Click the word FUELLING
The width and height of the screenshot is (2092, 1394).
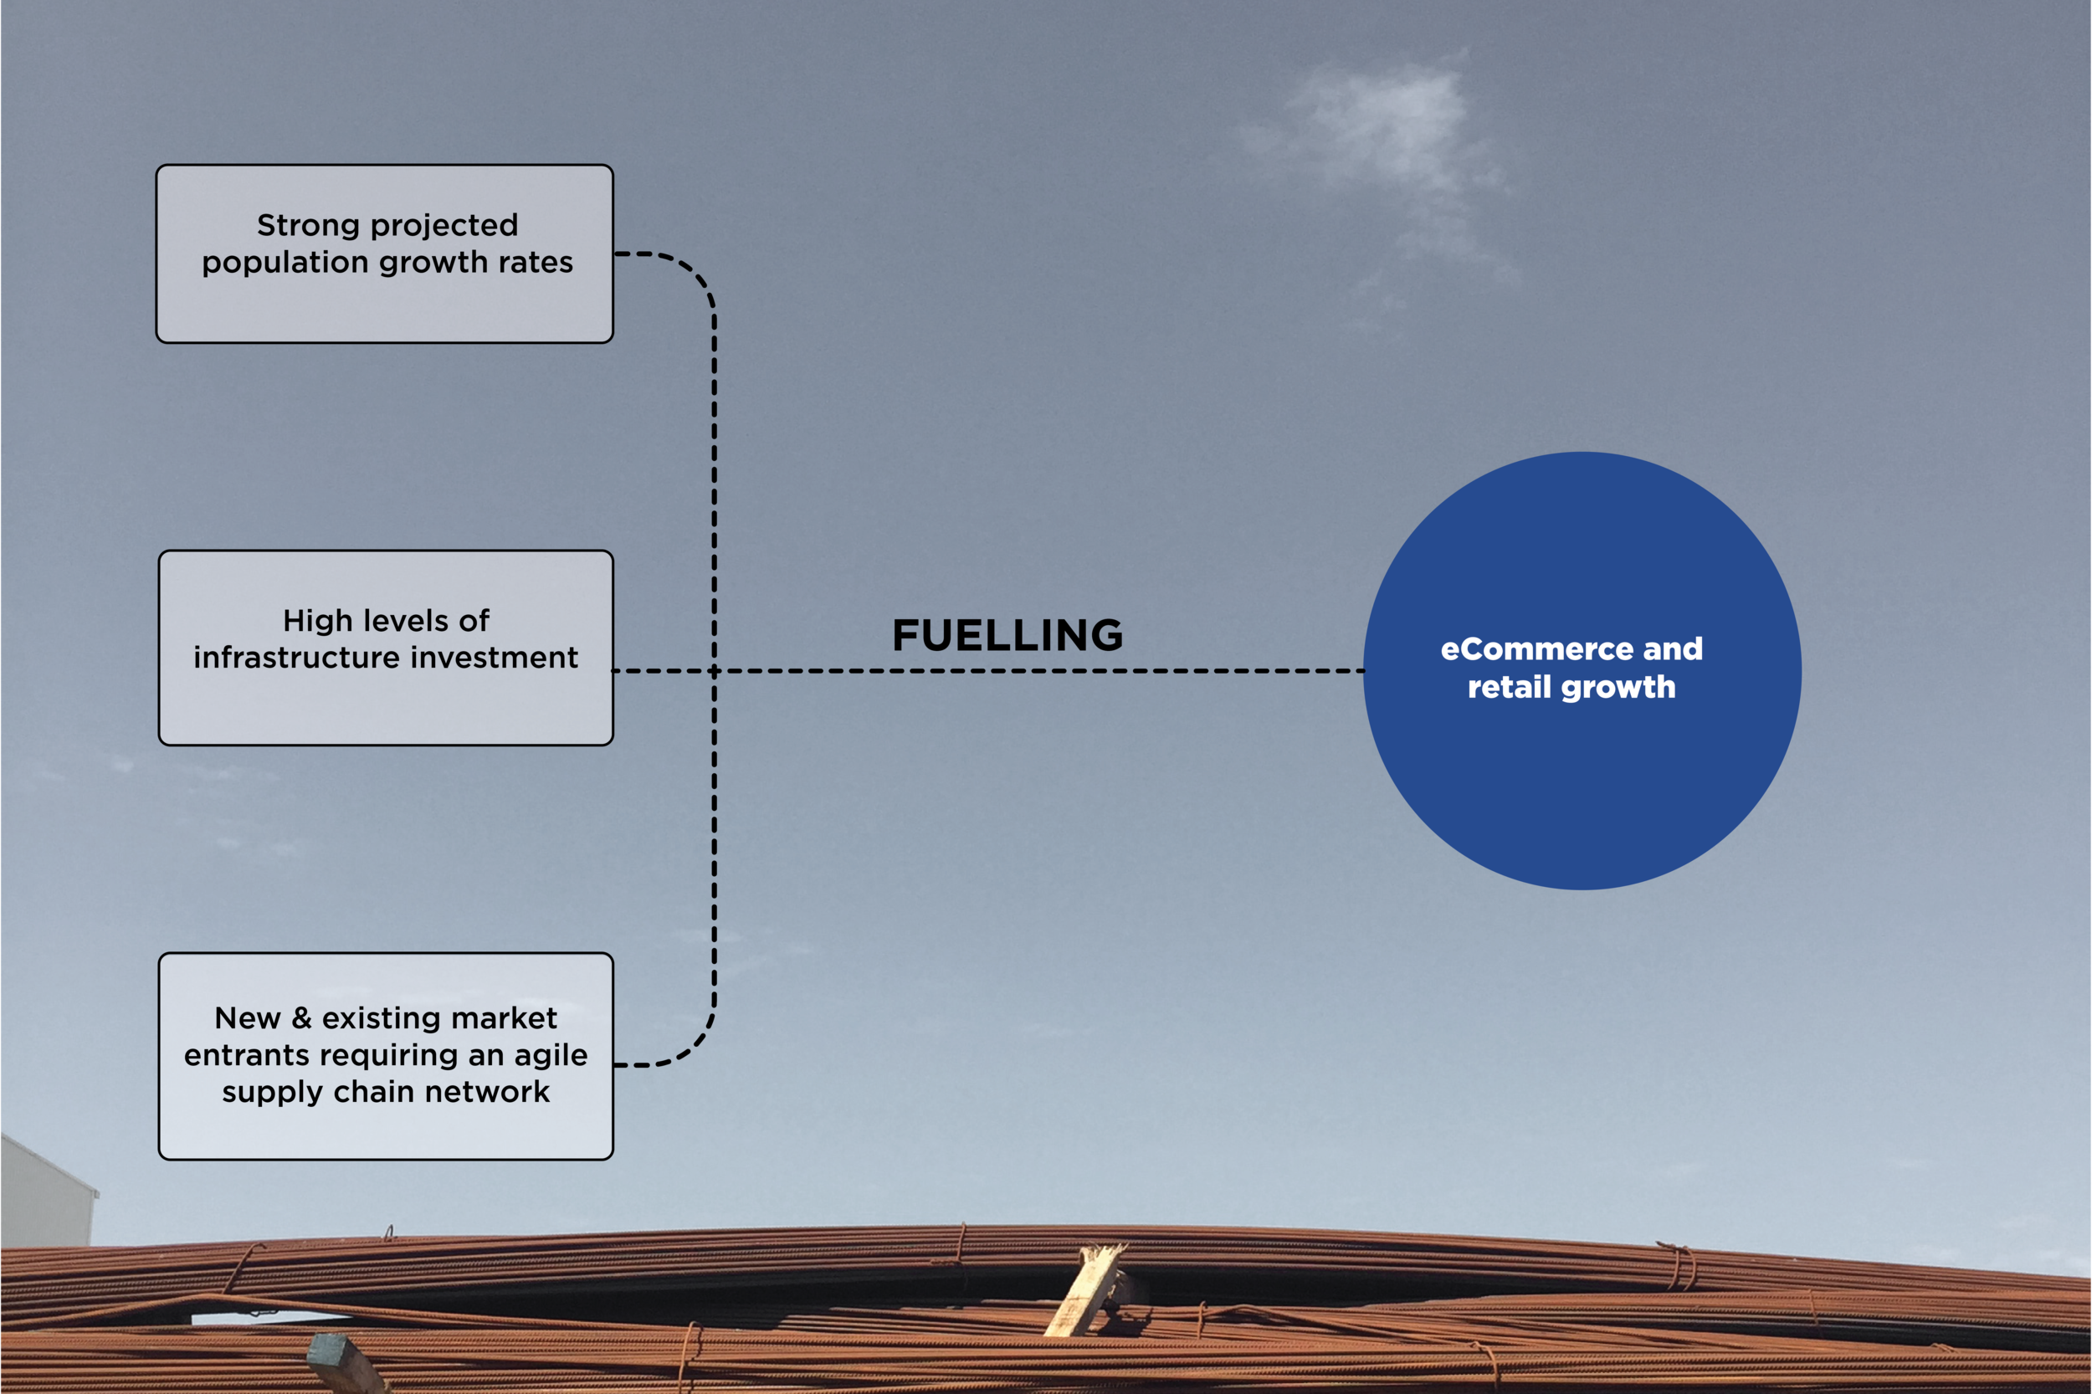pos(1008,636)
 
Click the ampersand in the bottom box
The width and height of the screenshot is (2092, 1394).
pos(301,1017)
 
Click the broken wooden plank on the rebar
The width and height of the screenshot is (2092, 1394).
pos(1086,1289)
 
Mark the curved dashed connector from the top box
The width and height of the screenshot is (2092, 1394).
pos(689,271)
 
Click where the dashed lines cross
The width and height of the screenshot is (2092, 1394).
pos(714,671)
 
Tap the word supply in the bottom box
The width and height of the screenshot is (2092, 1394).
pos(272,1093)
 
